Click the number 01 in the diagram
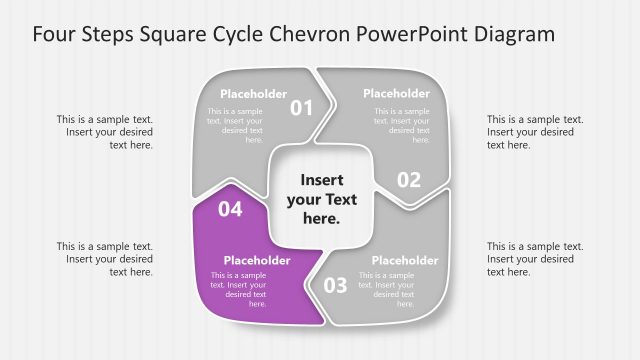point(301,107)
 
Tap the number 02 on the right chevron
point(409,180)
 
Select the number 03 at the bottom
point(335,285)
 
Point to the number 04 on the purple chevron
point(230,209)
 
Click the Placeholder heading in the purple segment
point(257,260)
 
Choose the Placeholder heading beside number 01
point(253,94)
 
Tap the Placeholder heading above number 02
point(397,94)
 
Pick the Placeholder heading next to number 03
point(405,260)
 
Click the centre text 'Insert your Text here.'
point(321,198)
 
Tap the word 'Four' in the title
point(54,35)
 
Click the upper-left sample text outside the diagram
point(105,132)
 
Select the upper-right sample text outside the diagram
point(535,132)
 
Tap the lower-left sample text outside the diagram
point(105,259)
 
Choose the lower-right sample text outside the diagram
point(535,259)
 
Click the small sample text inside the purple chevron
point(238,289)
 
